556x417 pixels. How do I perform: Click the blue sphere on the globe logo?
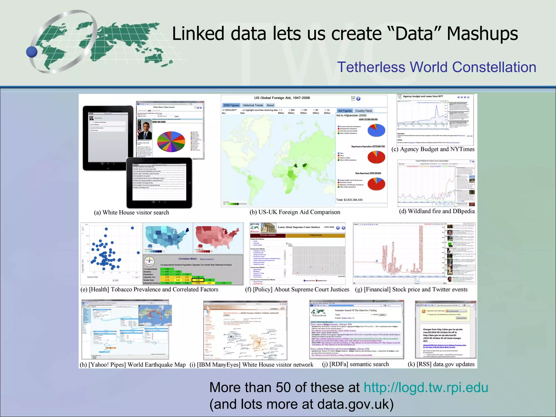pos(32,52)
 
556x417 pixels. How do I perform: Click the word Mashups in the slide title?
pos(482,34)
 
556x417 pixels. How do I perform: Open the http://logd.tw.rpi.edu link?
pos(426,387)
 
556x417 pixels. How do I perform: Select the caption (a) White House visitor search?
pos(131,213)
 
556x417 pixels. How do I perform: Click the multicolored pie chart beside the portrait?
pos(171,141)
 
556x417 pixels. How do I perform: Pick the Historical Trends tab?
pos(253,105)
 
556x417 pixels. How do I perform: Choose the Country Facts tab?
pos(363,111)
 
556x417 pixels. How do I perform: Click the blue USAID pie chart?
pos(376,130)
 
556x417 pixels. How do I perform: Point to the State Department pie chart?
pos(376,184)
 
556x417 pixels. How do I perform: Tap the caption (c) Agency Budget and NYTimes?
pos(433,149)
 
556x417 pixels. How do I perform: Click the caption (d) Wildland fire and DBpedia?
pos(437,211)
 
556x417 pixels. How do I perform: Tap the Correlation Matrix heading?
pos(188,259)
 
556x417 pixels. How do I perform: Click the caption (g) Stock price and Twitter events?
pos(411,289)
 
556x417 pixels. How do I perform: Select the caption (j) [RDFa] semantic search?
pos(355,364)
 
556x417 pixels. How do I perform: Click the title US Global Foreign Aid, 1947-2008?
pos(282,98)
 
